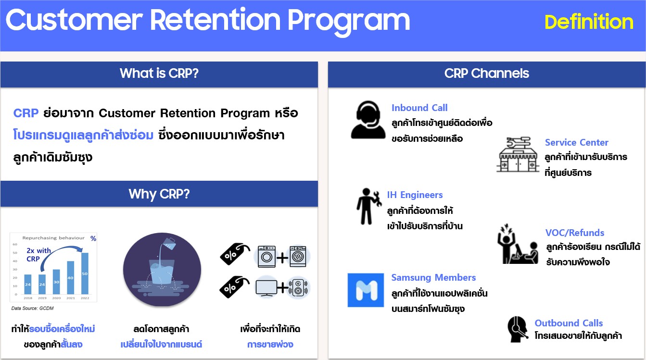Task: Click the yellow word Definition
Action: point(589,22)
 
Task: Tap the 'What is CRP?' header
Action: point(159,74)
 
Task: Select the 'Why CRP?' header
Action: point(159,194)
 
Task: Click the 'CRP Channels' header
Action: point(486,74)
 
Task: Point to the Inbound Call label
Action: point(419,108)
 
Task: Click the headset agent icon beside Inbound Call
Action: point(368,120)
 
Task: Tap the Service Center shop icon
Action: point(518,154)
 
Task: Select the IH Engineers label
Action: point(415,195)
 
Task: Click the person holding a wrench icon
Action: point(368,206)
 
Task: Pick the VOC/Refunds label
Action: point(574,233)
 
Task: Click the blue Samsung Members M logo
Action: point(366,290)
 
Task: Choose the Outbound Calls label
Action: point(569,323)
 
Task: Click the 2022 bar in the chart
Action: point(85,273)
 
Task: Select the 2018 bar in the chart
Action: point(28,284)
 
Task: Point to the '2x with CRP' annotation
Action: point(38,255)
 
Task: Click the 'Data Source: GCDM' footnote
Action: point(32,309)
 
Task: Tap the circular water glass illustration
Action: point(162,270)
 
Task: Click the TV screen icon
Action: point(266,287)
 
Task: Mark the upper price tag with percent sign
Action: point(234,254)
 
